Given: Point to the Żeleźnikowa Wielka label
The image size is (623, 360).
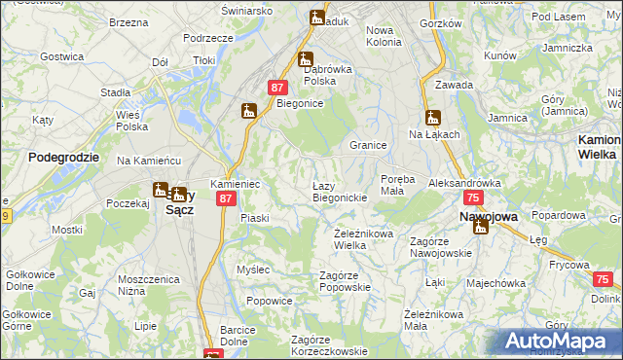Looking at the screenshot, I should [x=363, y=239].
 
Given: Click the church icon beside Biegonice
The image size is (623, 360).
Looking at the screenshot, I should [x=248, y=111].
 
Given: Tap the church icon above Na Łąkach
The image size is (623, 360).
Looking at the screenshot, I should [x=433, y=118].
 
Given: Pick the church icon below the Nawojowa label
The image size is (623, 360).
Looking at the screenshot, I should [x=480, y=228].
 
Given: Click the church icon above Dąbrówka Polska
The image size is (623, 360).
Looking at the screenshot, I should [x=306, y=59].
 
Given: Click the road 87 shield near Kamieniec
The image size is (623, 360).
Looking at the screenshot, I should [x=226, y=198].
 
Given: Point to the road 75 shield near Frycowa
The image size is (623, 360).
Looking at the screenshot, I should [x=601, y=279].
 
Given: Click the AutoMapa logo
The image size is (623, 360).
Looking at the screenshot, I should [x=559, y=341].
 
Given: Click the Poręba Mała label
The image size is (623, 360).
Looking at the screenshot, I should [x=398, y=185].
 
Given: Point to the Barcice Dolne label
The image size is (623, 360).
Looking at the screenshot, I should [x=238, y=335].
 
